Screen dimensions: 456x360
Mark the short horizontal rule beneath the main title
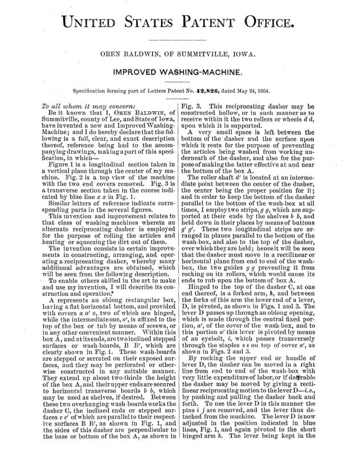pyautogui.click(x=180, y=42)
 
